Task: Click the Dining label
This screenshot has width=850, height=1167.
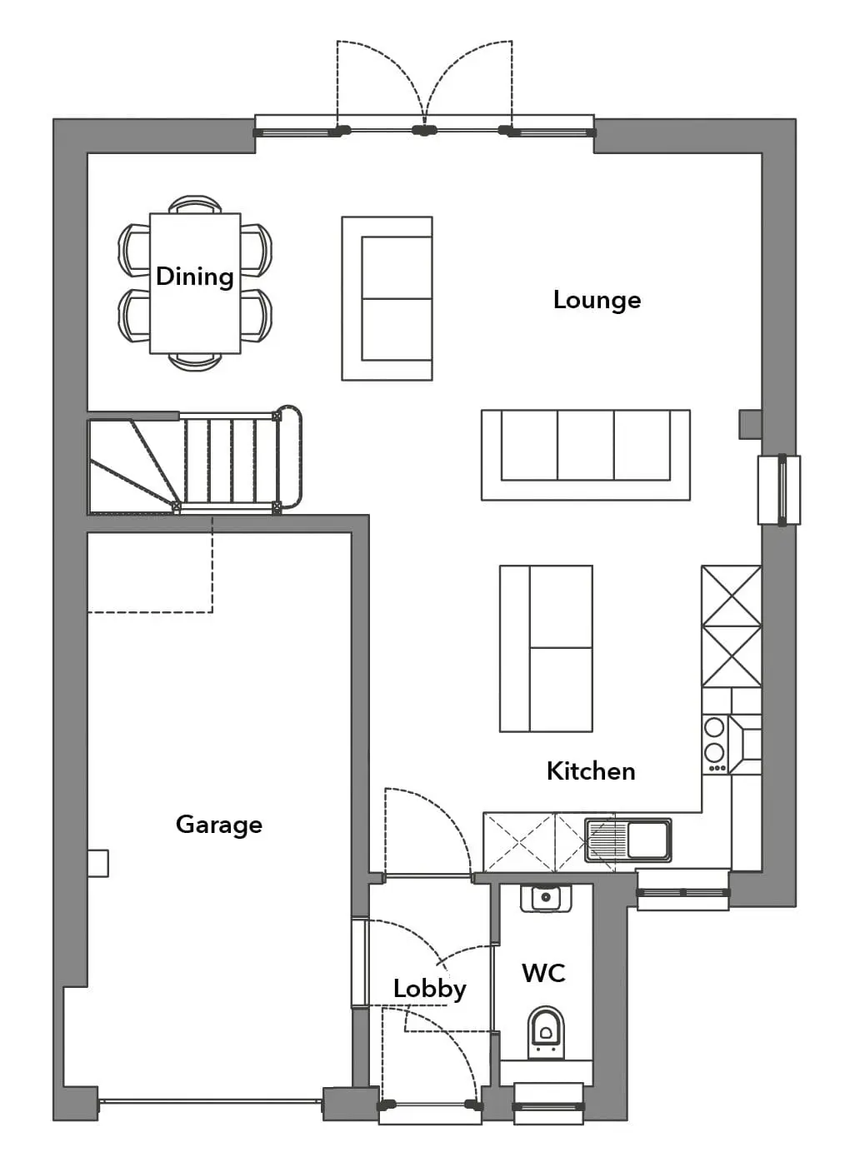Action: tap(194, 277)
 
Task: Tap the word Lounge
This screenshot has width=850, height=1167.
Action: tap(597, 300)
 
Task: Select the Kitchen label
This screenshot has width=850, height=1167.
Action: tap(591, 771)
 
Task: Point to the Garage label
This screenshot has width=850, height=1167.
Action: tap(219, 825)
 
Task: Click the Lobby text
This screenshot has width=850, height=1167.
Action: tap(429, 989)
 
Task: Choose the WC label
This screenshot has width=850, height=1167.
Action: tap(543, 973)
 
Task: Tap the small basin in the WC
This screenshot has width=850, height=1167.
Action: tap(546, 898)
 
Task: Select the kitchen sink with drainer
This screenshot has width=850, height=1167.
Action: tap(628, 840)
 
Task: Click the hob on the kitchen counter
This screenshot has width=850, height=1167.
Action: tap(714, 745)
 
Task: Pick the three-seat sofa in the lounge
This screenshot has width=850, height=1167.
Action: tap(586, 456)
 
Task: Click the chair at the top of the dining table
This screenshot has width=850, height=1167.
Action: tap(195, 205)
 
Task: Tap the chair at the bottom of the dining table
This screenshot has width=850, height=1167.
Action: tap(195, 362)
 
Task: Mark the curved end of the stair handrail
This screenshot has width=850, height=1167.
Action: tap(294, 456)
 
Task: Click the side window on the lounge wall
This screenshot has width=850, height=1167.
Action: tap(779, 489)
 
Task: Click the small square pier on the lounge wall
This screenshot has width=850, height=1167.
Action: tap(750, 423)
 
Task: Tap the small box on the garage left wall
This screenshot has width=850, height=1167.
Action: tap(98, 863)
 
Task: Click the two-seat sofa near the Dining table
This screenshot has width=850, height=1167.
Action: tap(387, 298)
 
